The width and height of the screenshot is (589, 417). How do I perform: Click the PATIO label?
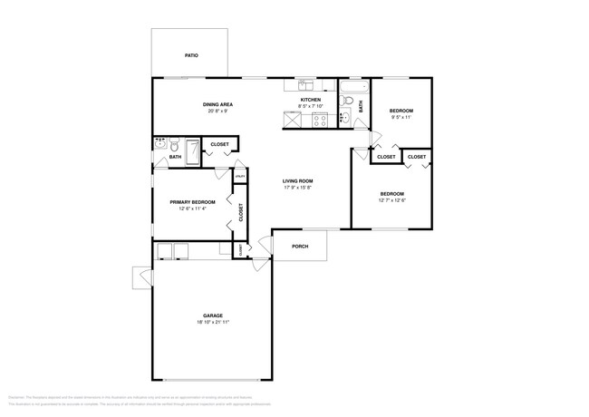(191, 55)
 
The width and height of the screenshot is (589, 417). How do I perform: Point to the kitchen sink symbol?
(304, 86)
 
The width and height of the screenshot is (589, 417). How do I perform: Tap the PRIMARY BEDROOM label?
(191, 201)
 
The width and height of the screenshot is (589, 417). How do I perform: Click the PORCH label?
(299, 246)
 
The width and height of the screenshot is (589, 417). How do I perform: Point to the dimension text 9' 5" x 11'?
(401, 116)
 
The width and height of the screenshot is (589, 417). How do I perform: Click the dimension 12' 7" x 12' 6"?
(392, 200)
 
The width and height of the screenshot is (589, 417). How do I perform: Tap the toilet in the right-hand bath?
(348, 116)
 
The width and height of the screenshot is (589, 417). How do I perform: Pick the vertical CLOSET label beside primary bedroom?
(240, 212)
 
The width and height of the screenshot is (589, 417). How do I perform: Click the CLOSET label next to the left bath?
(219, 144)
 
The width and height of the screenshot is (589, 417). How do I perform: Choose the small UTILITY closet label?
(240, 176)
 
